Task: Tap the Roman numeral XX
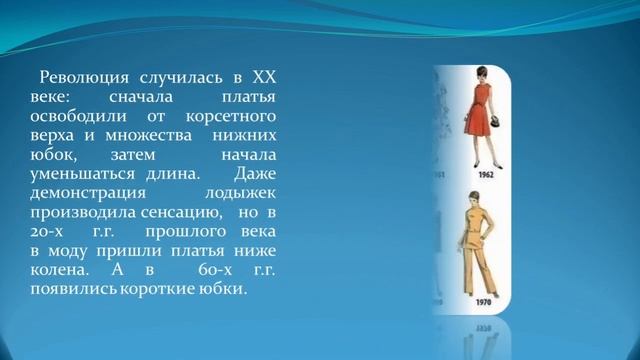[x=262, y=77]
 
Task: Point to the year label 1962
[x=485, y=172]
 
